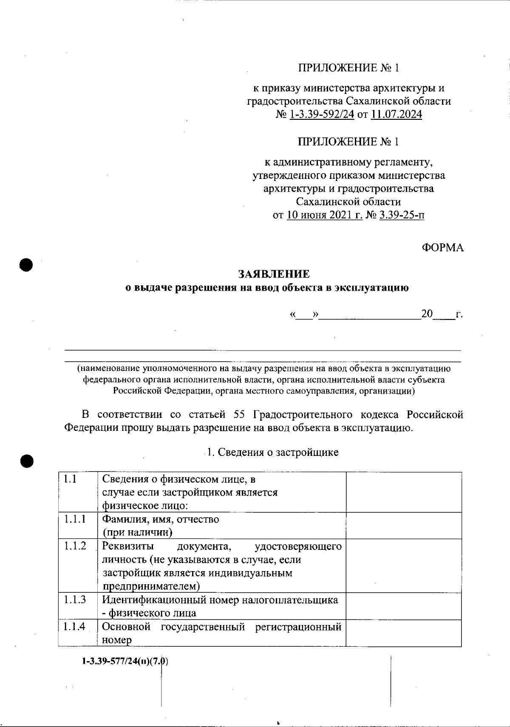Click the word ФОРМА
tap(442, 248)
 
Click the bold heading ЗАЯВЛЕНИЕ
tap(274, 274)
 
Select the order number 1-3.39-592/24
tap(321, 114)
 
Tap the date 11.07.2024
tap(396, 114)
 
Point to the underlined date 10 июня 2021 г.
tap(325, 215)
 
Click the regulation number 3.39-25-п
tap(402, 215)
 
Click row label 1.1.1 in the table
tap(75, 519)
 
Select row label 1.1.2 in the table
tap(75, 546)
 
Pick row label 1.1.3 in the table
tap(75, 600)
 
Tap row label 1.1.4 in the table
tap(75, 626)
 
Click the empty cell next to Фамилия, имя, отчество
tap(404, 526)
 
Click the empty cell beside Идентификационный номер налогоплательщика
tap(404, 606)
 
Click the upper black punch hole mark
tap(26, 264)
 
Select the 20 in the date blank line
tap(426, 314)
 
